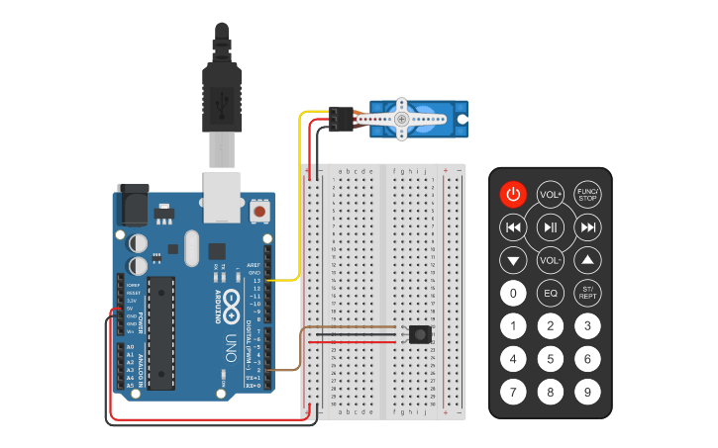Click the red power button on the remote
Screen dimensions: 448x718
click(x=513, y=194)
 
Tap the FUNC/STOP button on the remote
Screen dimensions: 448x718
click(x=587, y=194)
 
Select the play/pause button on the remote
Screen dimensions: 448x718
click(x=551, y=228)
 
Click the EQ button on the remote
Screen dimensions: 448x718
click(x=551, y=293)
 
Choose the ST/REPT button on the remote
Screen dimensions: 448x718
click(x=587, y=293)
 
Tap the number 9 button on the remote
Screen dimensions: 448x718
click(x=587, y=391)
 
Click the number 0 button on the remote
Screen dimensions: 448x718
click(x=513, y=293)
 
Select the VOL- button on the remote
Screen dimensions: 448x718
click(x=551, y=261)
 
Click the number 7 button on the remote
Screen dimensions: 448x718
click(x=513, y=391)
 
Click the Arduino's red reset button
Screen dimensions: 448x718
click(x=260, y=210)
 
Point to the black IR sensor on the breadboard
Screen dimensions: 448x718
click(x=421, y=335)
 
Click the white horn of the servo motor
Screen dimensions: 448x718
click(x=400, y=119)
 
